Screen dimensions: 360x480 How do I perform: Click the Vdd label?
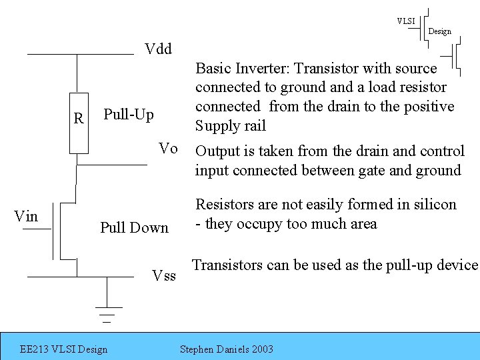[159, 49]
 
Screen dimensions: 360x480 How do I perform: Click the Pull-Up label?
[129, 115]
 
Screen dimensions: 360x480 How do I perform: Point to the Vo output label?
[169, 149]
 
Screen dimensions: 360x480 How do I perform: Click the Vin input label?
[26, 216]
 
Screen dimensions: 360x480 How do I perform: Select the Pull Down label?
[134, 228]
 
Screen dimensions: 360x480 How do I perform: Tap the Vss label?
[164, 275]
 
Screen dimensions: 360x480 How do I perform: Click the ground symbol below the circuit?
[105, 310]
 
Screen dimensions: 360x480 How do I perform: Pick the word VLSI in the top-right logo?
[406, 21]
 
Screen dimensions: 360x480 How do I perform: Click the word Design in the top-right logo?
[439, 31]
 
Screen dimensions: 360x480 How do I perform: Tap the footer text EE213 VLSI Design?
[64, 349]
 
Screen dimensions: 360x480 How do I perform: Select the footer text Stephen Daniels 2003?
[227, 349]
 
